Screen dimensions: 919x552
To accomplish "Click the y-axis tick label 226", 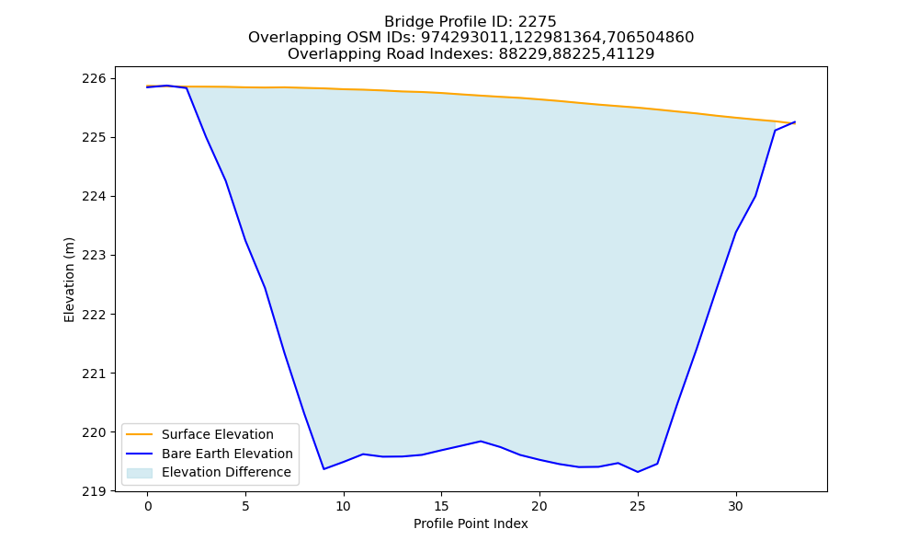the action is (94, 78).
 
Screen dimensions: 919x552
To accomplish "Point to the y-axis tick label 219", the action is (94, 491).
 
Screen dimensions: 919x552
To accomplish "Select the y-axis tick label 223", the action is (94, 255).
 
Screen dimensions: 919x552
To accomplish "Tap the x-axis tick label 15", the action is (441, 506).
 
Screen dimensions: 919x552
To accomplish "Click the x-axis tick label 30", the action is (735, 506).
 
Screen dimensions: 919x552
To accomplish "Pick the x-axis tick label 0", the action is (148, 506).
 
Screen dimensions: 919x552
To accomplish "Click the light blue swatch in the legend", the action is (140, 473).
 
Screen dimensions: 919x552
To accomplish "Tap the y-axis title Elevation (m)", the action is (69, 280).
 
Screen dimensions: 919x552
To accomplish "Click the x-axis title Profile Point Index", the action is (471, 523).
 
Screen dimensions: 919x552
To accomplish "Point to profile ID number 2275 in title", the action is (537, 22).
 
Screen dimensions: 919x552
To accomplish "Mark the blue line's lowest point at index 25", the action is (638, 472).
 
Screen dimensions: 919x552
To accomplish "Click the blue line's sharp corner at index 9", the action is (323, 468).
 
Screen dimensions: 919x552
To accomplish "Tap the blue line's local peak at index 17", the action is (481, 441).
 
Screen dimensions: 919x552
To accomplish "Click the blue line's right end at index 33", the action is (795, 122).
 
